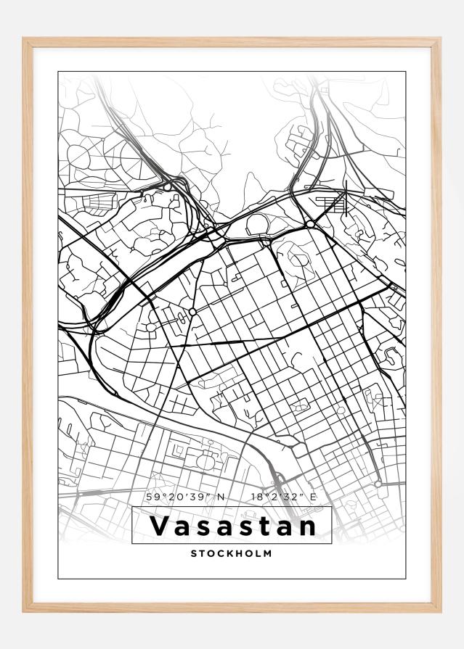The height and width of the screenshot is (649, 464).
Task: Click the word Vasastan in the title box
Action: [232, 525]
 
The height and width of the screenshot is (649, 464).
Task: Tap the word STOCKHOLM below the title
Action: [232, 553]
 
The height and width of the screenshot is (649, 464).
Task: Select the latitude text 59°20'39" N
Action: [185, 497]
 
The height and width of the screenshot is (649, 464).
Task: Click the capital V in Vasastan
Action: [156, 525]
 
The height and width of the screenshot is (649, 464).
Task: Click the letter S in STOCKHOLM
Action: [194, 553]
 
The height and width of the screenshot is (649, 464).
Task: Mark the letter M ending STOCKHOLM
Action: [268, 553]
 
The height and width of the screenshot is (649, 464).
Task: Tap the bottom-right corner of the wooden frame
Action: [439, 611]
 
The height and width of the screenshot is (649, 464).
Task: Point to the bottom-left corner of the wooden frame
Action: [24, 611]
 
